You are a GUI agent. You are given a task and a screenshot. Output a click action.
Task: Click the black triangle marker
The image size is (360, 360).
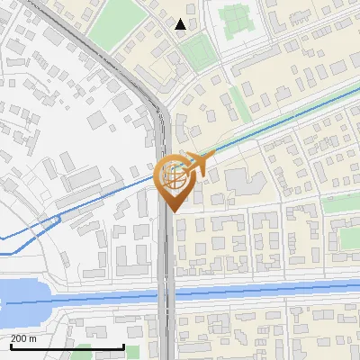(181, 24)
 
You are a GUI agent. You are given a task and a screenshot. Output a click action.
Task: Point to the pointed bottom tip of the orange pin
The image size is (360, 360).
(171, 211)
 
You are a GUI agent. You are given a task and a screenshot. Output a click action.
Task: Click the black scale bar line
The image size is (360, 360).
(67, 347)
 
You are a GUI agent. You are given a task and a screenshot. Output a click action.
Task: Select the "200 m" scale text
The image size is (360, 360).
(24, 338)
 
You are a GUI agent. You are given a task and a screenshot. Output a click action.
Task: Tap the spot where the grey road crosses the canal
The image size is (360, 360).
(166, 293)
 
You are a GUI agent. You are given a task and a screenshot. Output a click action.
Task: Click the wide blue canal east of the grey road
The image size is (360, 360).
(270, 290)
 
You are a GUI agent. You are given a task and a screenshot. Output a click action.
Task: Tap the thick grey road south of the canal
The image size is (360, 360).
(166, 333)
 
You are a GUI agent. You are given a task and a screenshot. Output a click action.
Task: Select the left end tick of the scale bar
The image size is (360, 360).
(11, 346)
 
